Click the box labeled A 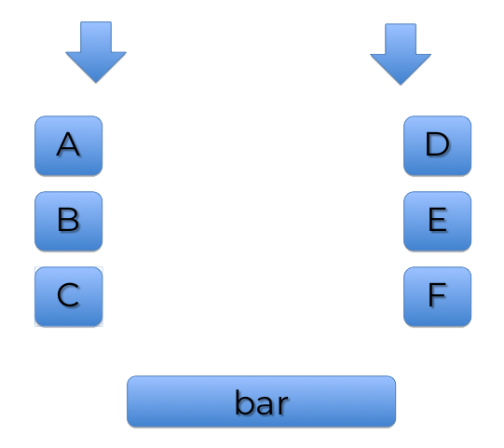[68, 146]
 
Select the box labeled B [68, 221]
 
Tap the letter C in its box [68, 294]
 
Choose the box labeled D [438, 146]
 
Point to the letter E [438, 219]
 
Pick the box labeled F [438, 296]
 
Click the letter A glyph [68, 144]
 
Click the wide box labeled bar [262, 401]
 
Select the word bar [262, 402]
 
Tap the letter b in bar [244, 402]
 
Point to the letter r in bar [282, 405]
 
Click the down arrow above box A [96, 52]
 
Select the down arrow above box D [401, 54]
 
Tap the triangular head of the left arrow [96, 64]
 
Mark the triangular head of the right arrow [401, 66]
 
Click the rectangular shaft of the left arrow [96, 36]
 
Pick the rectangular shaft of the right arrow [401, 38]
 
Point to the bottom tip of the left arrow [96, 83]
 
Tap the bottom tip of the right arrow [401, 85]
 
